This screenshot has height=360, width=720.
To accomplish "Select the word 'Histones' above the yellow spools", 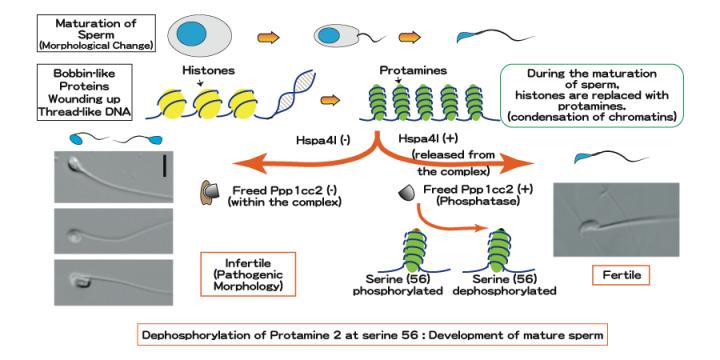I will (x=207, y=72).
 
